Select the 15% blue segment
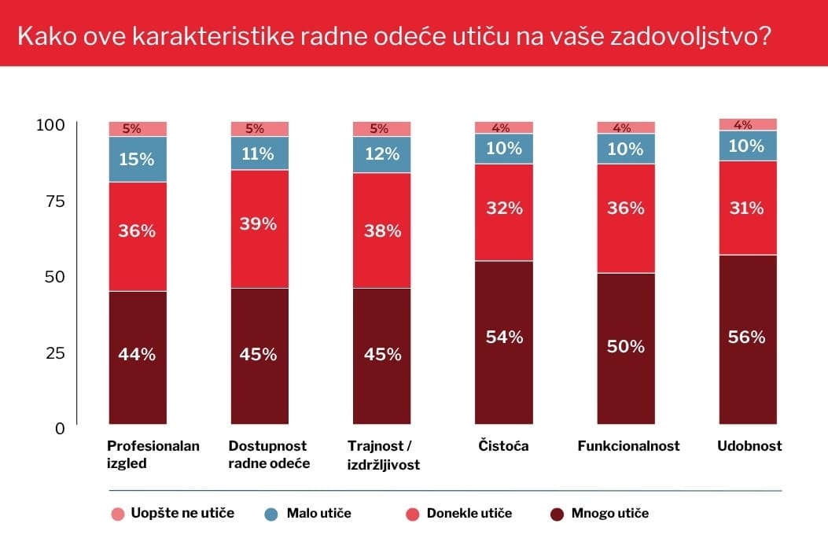pyautogui.click(x=138, y=159)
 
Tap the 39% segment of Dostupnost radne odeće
pyautogui.click(x=259, y=225)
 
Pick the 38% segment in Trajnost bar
pyautogui.click(x=381, y=231)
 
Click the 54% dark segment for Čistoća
pyautogui.click(x=504, y=338)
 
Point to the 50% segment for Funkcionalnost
pyautogui.click(x=626, y=347)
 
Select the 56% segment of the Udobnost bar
pyautogui.click(x=748, y=337)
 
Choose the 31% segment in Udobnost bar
pyautogui.click(x=748, y=208)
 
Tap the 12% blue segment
pyautogui.click(x=381, y=154)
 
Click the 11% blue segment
pyautogui.click(x=259, y=153)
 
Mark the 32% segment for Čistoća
pyautogui.click(x=504, y=208)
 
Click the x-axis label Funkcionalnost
pyautogui.click(x=628, y=446)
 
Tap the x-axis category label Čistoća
pyautogui.click(x=503, y=446)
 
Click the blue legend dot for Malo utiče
pyautogui.click(x=272, y=514)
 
